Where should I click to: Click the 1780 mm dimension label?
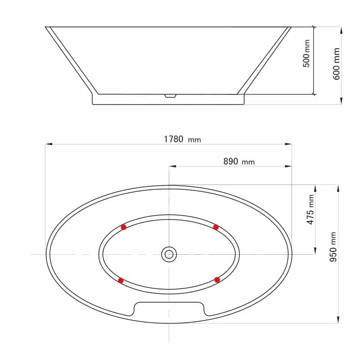pyautogui.click(x=182, y=139)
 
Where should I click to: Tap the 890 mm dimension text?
pyautogui.click(x=239, y=162)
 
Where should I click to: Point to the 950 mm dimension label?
pyautogui.click(x=333, y=247)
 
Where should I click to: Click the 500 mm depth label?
pyautogui.click(x=306, y=53)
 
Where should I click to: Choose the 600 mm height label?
pyautogui.click(x=336, y=64)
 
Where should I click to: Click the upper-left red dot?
pyautogui.click(x=123, y=227)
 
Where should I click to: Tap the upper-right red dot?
pyautogui.click(x=216, y=227)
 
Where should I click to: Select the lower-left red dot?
pyautogui.click(x=121, y=280)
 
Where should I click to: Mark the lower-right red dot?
pyautogui.click(x=217, y=279)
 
